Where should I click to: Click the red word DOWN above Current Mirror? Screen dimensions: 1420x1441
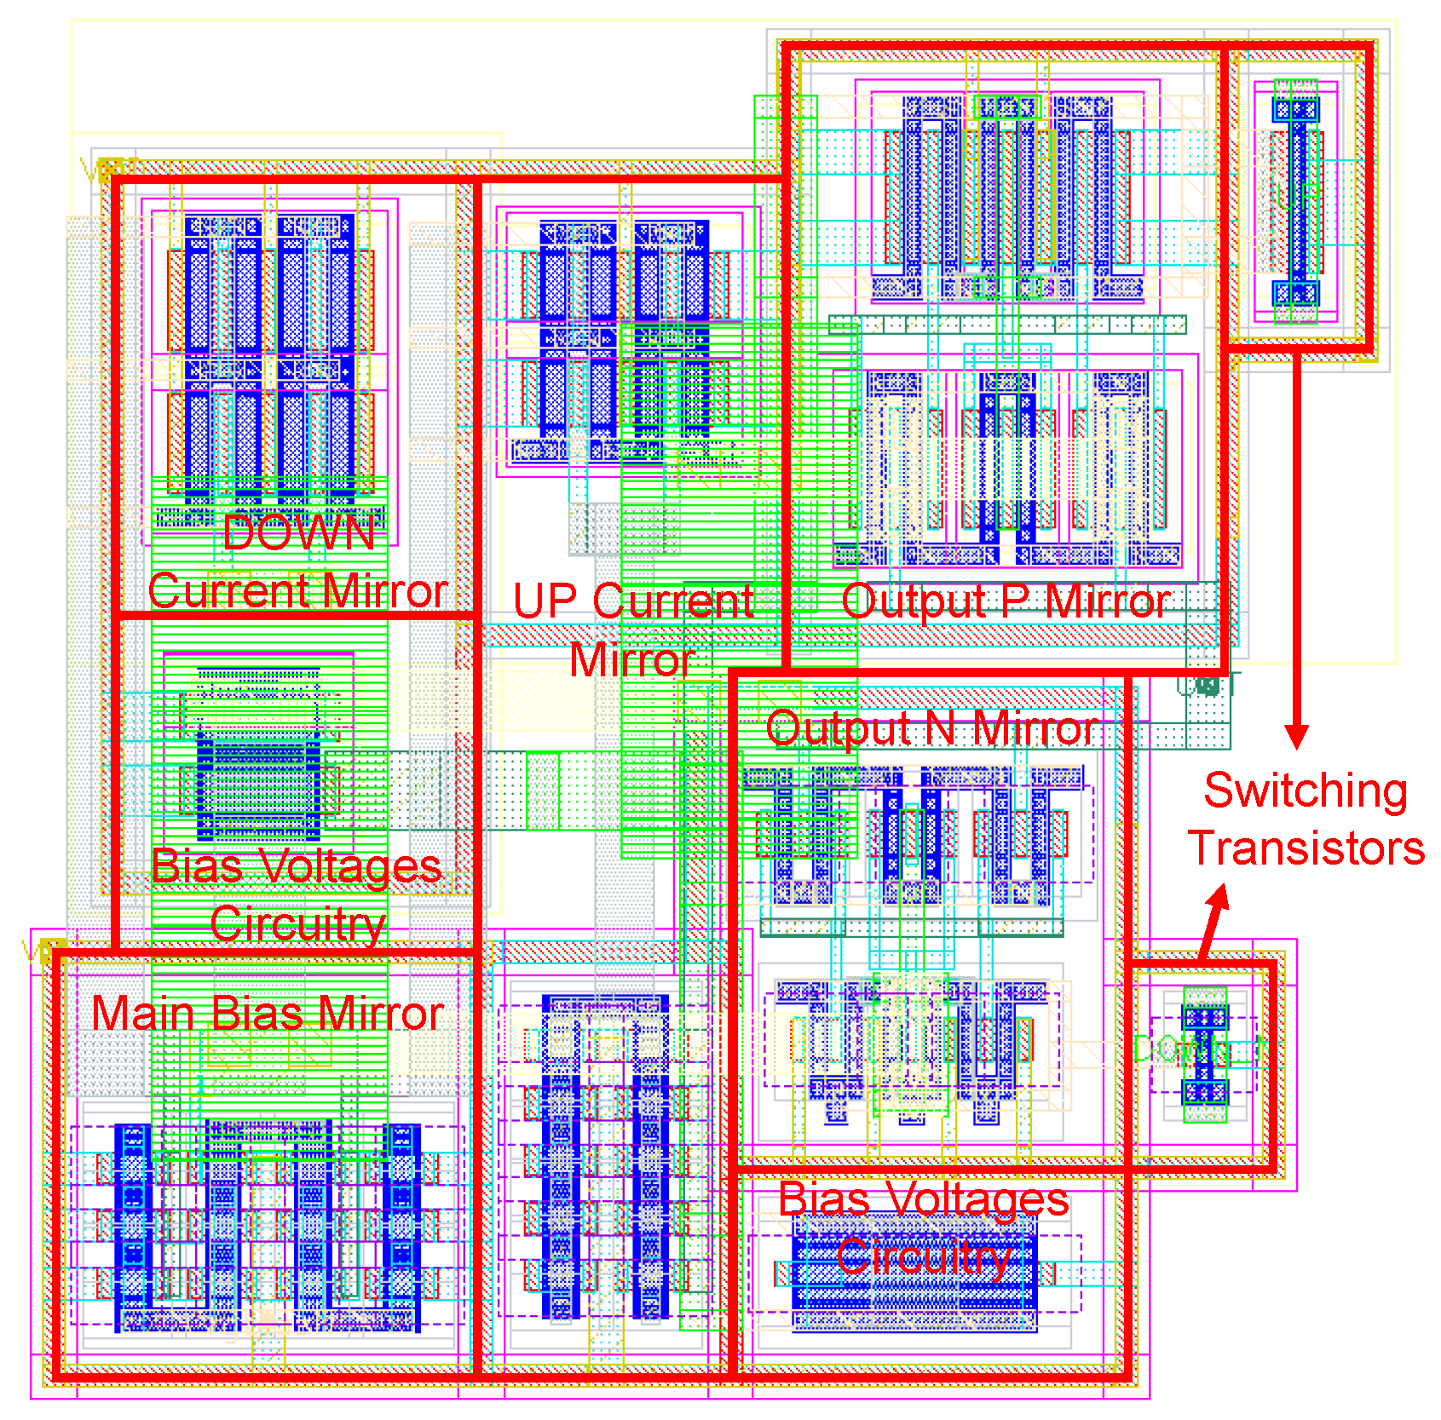299,534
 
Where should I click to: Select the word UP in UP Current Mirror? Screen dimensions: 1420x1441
545,601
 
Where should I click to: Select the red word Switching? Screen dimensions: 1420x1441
1305,790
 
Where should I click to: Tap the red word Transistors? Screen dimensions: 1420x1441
1306,848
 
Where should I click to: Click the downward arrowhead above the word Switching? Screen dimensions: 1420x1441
1296,736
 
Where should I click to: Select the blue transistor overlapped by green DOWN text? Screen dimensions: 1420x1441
1205,1055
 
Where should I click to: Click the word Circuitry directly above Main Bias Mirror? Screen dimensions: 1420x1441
297,924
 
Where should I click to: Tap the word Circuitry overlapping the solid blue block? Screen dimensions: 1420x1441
924,1256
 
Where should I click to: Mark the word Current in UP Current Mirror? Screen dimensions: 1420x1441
673,601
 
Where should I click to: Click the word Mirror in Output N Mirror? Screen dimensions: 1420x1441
1035,729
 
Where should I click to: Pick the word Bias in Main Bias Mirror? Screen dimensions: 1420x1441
246,1014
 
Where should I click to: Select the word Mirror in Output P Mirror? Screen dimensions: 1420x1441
1108,601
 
